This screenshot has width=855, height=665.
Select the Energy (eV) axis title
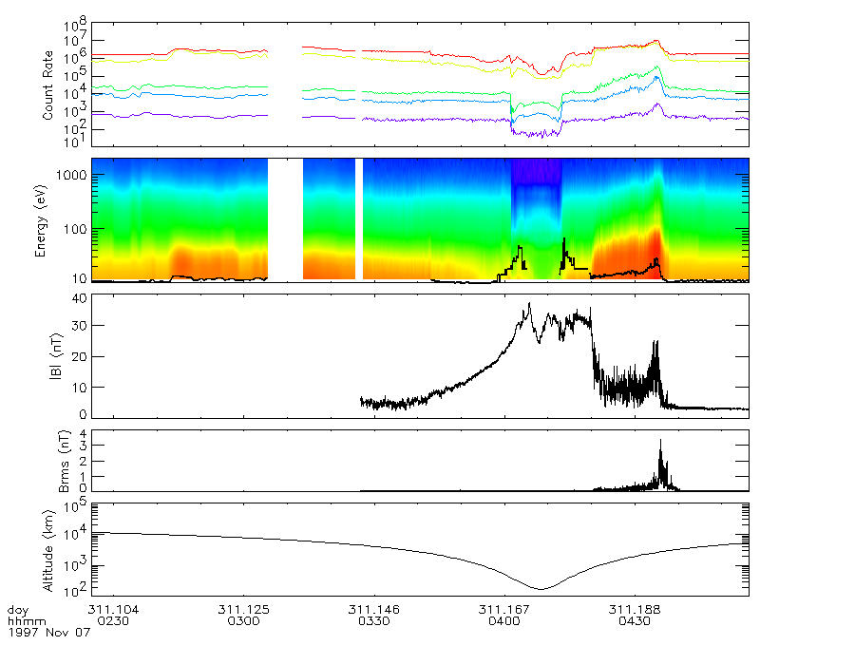[42, 220]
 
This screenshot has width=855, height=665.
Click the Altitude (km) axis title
[42, 548]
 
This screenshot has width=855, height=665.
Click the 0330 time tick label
[373, 620]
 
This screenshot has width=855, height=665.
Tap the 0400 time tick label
[503, 620]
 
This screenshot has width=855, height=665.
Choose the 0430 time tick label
[635, 620]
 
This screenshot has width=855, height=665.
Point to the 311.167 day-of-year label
[503, 609]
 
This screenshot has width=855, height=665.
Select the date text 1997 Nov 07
[49, 633]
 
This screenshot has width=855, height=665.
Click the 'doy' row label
[17, 609]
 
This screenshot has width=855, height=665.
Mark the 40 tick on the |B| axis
[80, 298]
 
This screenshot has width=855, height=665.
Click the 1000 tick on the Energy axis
[77, 177]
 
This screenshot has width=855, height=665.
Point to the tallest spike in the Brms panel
[660, 441]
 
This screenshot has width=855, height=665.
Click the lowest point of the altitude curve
[540, 589]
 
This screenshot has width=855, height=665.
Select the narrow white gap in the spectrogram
[359, 218]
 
